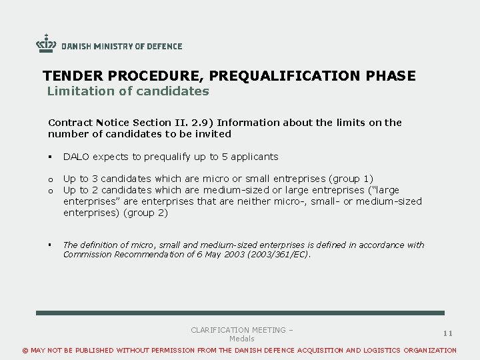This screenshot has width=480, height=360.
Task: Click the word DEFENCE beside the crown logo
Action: (x=164, y=47)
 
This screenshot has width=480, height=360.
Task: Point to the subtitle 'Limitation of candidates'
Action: (x=128, y=91)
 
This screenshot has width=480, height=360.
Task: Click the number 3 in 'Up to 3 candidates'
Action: (x=95, y=179)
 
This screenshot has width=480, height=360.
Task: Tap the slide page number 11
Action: (x=448, y=333)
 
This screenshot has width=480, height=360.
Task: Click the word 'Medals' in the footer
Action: (x=242, y=339)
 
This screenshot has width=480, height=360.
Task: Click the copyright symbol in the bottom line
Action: (x=26, y=350)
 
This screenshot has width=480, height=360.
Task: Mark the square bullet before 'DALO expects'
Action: (x=50, y=157)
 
